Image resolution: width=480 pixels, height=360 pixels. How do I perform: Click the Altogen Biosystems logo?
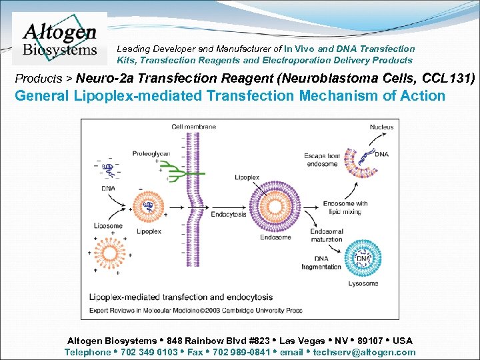click(59, 39)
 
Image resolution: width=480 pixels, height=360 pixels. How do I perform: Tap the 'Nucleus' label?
click(381, 127)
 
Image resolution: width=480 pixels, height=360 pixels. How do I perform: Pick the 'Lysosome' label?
click(363, 283)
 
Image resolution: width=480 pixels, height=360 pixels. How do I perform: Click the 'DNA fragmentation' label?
click(323, 263)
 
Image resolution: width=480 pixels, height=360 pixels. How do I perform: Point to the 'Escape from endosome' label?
click(322, 159)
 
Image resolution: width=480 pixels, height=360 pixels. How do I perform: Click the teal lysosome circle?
click(363, 258)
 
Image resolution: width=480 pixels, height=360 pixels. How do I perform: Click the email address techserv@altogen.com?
click(364, 352)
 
